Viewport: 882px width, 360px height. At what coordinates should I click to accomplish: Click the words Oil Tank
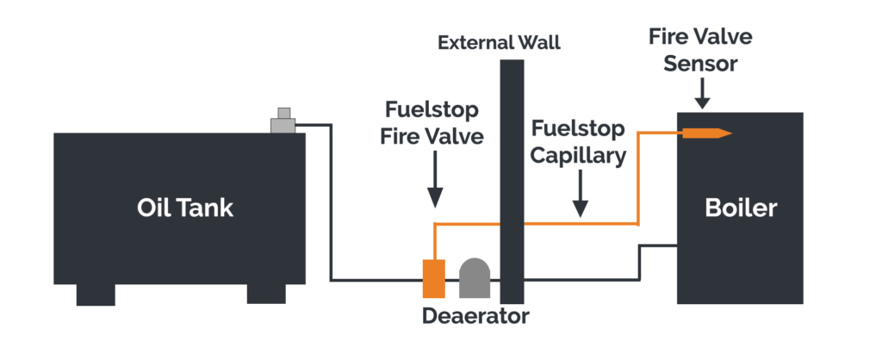[x=185, y=208]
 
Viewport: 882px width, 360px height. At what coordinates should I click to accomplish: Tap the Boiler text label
[x=741, y=208]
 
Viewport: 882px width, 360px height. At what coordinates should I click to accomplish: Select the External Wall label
[x=499, y=43]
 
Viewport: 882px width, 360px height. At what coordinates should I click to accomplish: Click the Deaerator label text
[x=475, y=315]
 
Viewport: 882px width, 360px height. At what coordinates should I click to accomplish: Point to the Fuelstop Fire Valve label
[x=432, y=122]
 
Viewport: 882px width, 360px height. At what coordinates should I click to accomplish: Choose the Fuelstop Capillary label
[x=578, y=142]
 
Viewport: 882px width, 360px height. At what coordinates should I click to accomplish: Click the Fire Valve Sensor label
[x=700, y=49]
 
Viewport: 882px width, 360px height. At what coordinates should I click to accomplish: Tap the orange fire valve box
[x=434, y=278]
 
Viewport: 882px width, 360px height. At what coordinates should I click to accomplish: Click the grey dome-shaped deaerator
[x=475, y=278]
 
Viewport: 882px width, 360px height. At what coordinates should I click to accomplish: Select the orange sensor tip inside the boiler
[x=707, y=133]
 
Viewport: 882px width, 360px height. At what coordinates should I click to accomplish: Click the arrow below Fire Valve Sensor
[x=702, y=93]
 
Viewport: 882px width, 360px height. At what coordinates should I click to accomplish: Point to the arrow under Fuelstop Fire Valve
[x=435, y=179]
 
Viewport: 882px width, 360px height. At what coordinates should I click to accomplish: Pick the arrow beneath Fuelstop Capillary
[x=580, y=194]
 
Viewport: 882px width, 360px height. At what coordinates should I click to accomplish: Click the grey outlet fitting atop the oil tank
[x=283, y=121]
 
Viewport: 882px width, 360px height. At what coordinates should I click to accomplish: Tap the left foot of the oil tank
[x=96, y=295]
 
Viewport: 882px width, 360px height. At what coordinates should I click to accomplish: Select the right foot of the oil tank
[x=266, y=293]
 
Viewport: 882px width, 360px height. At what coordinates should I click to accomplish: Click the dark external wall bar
[x=512, y=182]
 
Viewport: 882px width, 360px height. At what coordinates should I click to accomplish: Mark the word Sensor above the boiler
[x=699, y=63]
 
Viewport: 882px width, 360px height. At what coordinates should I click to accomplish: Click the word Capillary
[x=578, y=156]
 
